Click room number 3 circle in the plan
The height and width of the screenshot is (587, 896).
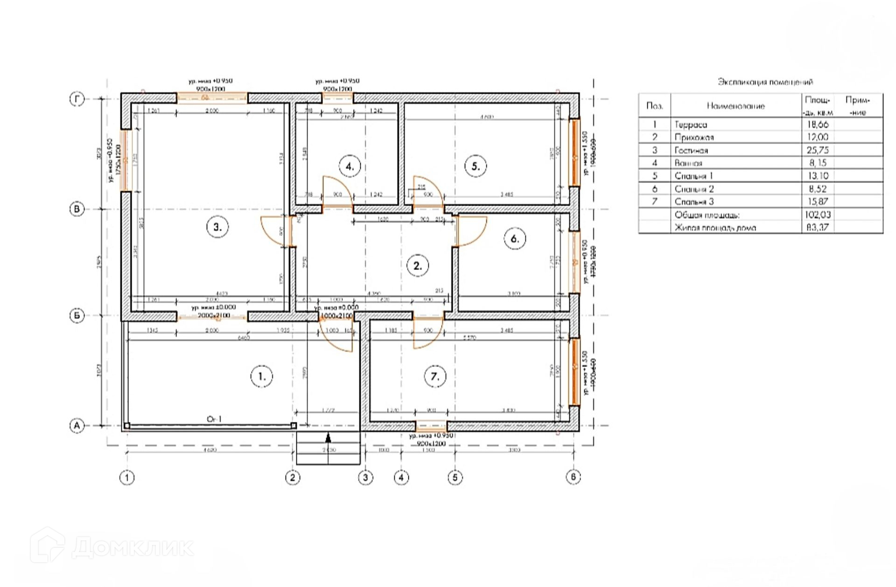pyautogui.click(x=217, y=228)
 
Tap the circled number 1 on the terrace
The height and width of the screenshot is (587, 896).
pyautogui.click(x=261, y=376)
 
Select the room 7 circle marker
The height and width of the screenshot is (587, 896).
pyautogui.click(x=435, y=376)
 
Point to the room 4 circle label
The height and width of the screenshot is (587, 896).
pyautogui.click(x=350, y=166)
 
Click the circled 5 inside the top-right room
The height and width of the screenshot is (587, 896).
pyautogui.click(x=476, y=166)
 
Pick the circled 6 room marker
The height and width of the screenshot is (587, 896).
pyautogui.click(x=515, y=239)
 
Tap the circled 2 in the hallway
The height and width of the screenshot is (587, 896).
pyautogui.click(x=418, y=266)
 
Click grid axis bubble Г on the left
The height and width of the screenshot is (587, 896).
pyautogui.click(x=77, y=99)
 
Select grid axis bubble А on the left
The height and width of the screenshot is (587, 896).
pyautogui.click(x=77, y=426)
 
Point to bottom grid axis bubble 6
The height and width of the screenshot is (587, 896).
pyautogui.click(x=574, y=477)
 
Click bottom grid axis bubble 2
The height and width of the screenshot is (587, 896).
pyautogui.click(x=293, y=477)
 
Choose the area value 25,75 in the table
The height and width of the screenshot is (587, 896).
pyautogui.click(x=818, y=150)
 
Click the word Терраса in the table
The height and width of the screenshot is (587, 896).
pyautogui.click(x=691, y=124)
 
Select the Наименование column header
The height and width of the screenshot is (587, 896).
pyautogui.click(x=735, y=106)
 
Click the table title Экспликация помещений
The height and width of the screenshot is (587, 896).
pyautogui.click(x=765, y=82)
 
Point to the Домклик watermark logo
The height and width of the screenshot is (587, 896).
pyautogui.click(x=112, y=546)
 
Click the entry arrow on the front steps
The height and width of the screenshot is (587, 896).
pyautogui.click(x=329, y=438)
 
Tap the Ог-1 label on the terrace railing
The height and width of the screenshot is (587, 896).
pyautogui.click(x=214, y=419)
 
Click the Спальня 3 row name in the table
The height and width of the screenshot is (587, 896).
pyautogui.click(x=694, y=201)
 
